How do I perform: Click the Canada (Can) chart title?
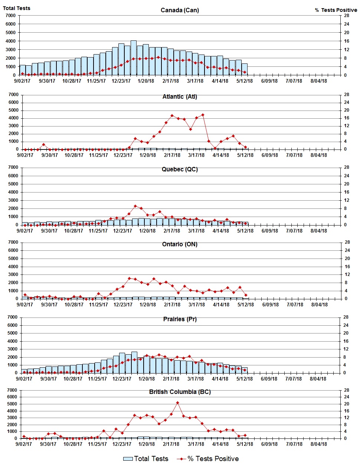click(180, 10)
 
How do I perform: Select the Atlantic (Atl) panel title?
click(180, 97)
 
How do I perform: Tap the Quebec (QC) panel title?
click(180, 170)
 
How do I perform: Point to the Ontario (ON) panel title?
click(180, 244)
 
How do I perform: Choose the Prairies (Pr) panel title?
click(180, 319)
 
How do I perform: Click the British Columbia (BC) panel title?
click(180, 392)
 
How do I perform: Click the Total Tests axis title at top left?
click(17, 8)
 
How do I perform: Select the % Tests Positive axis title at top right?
click(336, 10)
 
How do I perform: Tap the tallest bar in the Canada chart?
click(134, 57)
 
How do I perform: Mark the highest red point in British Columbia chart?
click(177, 403)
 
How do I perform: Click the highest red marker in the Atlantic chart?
click(203, 115)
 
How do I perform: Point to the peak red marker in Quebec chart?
click(135, 206)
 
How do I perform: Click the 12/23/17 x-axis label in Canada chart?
click(121, 81)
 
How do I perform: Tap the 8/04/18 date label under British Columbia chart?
click(318, 444)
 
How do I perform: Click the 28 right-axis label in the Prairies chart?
click(346, 317)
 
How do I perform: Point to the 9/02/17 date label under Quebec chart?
click(25, 231)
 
